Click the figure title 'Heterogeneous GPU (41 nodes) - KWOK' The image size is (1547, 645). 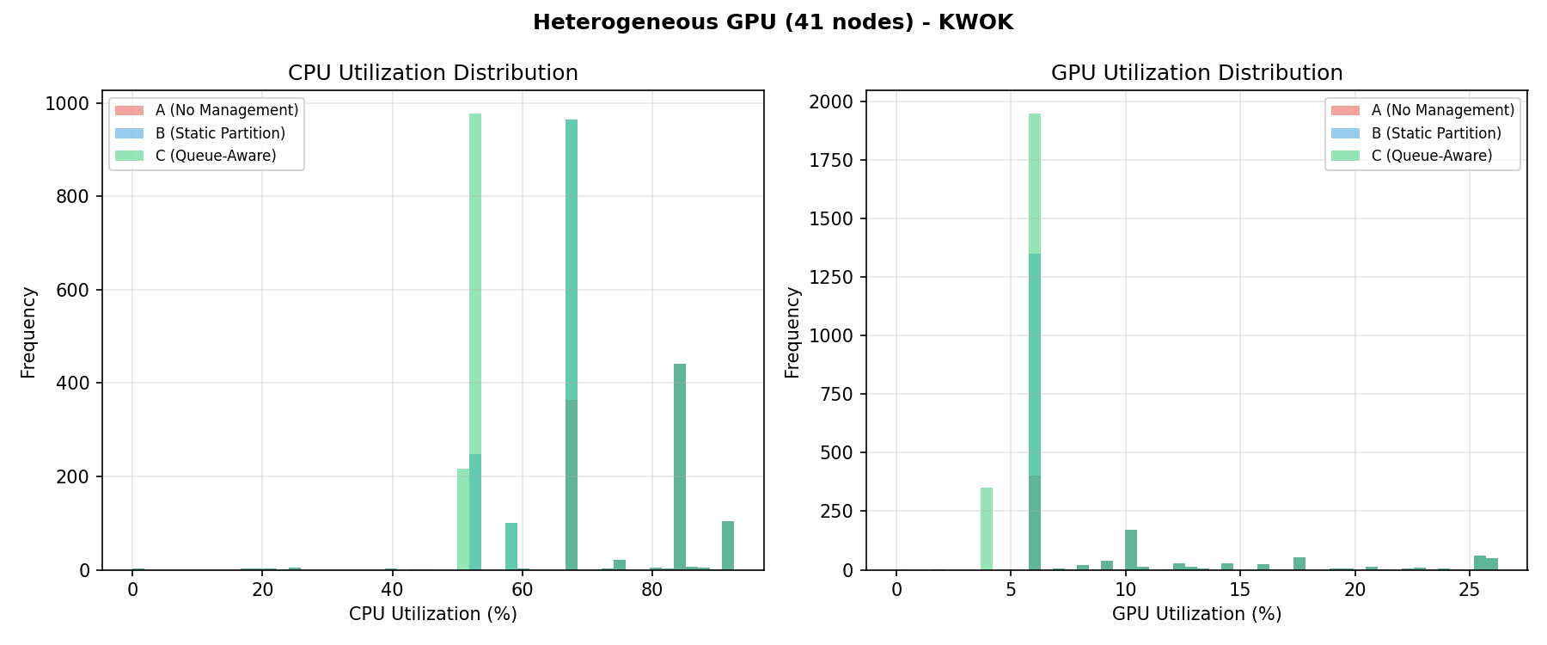pos(773,22)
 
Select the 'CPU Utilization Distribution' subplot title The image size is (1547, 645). pos(432,73)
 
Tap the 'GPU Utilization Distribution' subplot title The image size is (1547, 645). pos(1196,73)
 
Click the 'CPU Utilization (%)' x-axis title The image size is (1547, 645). pos(432,614)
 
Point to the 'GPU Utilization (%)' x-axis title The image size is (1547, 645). pos(1196,614)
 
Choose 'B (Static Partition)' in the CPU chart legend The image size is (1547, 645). pos(220,133)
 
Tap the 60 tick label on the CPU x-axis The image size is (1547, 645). pos(522,590)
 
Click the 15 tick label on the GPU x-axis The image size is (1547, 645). pos(1240,590)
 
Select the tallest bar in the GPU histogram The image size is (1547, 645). pos(1035,344)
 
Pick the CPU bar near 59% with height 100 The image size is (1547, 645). pos(511,547)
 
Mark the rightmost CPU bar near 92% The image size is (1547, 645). pos(728,545)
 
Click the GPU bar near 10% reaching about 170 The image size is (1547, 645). pos(1131,550)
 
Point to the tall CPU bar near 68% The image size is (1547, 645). pos(572,344)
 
